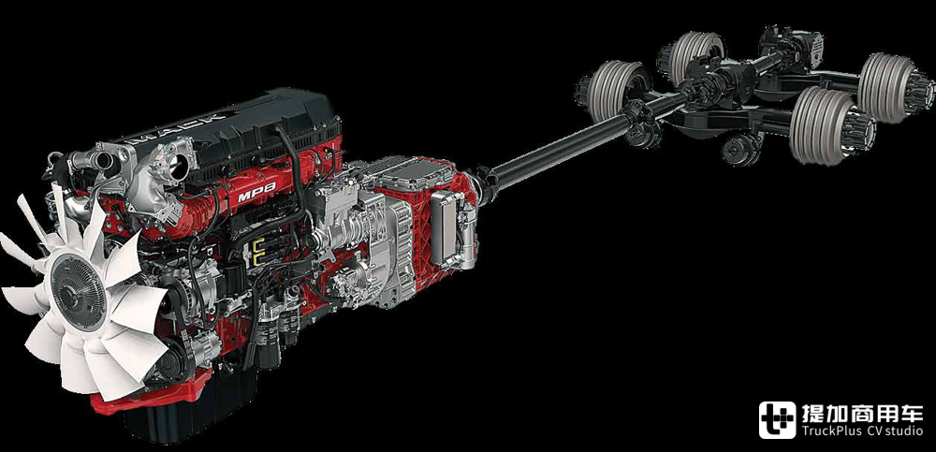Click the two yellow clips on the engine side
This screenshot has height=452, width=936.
pyautogui.click(x=258, y=252)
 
